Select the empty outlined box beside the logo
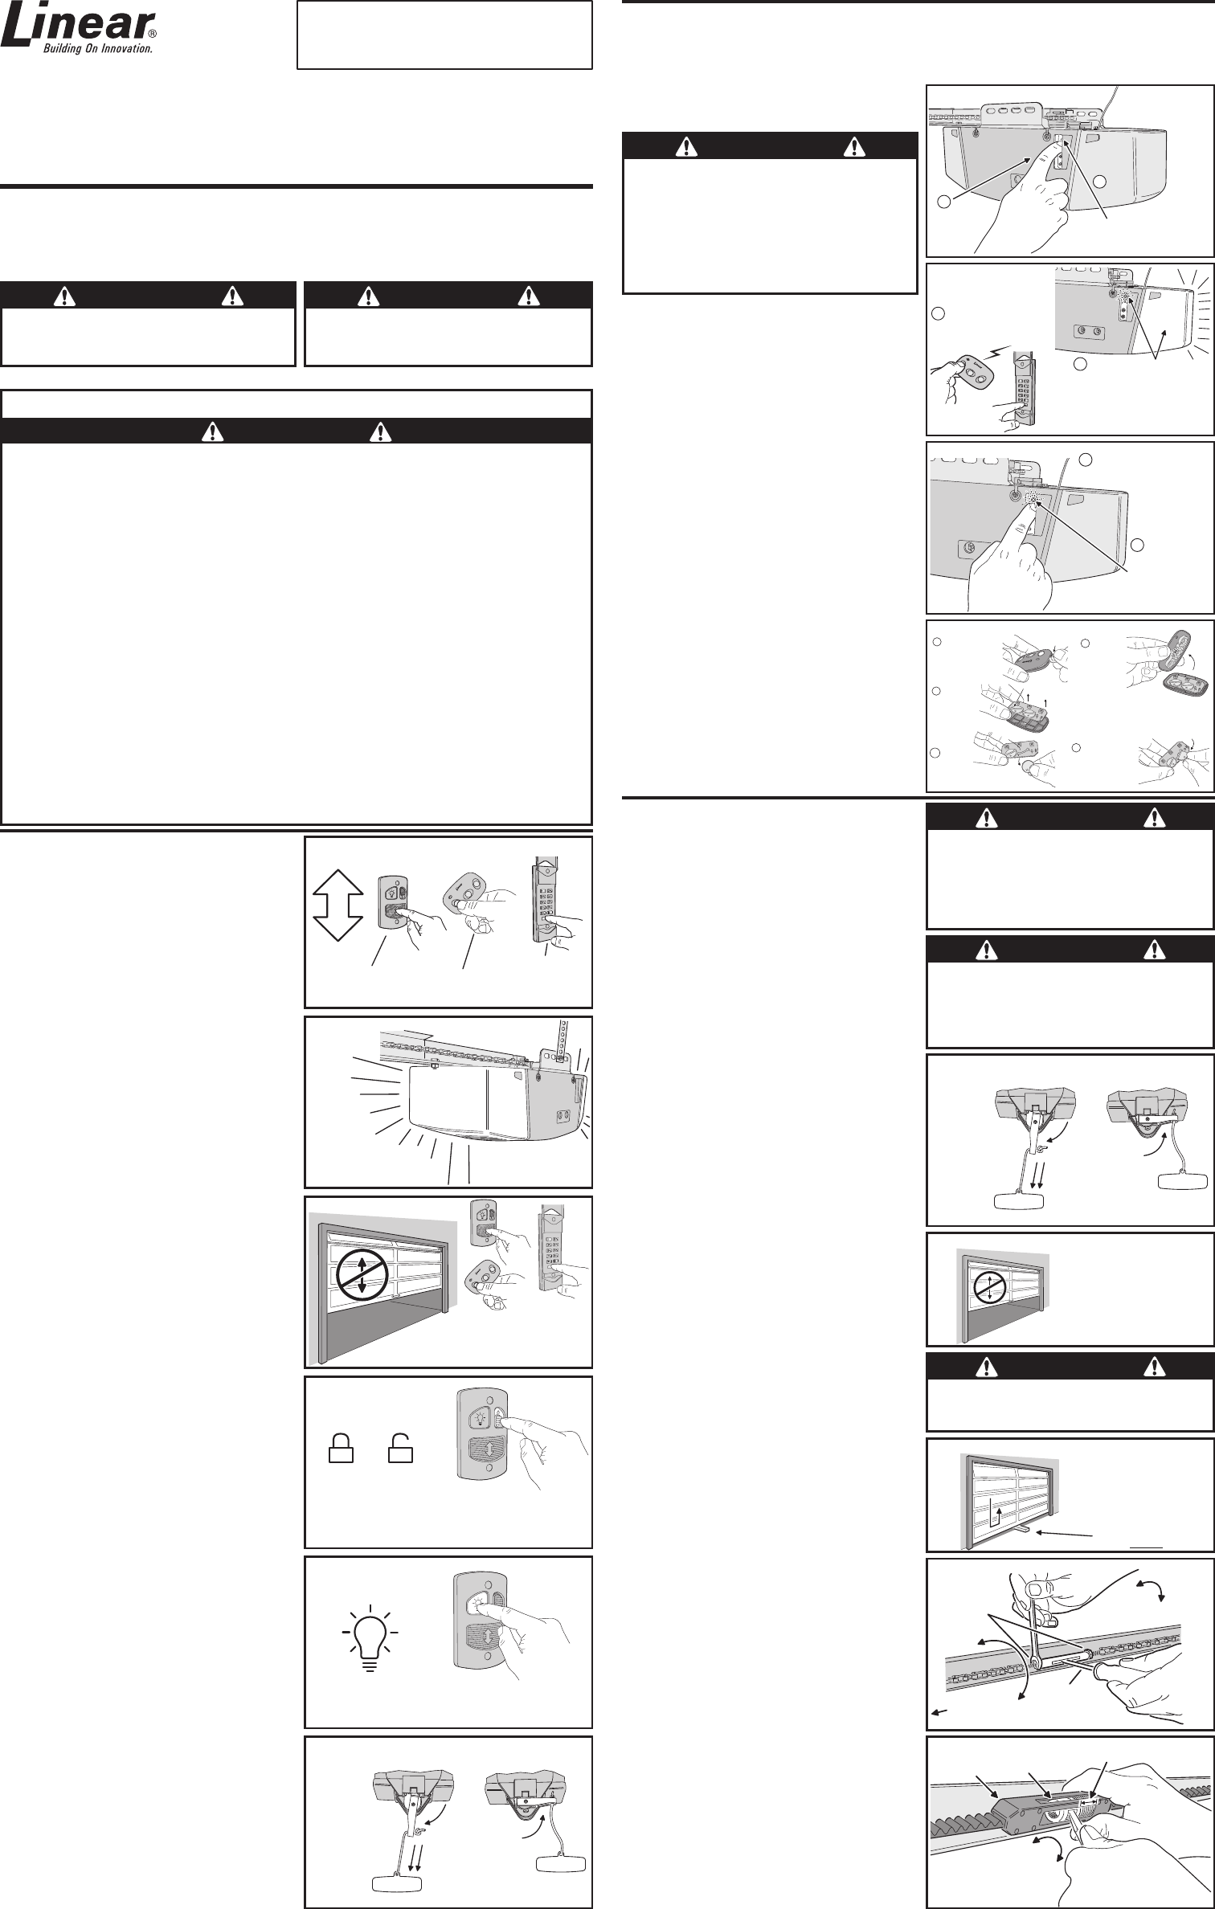coord(444,35)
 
